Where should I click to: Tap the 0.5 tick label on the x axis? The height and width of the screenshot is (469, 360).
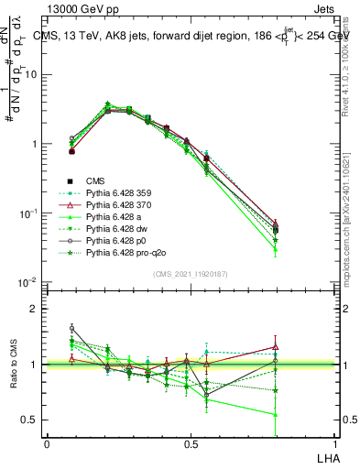pos(191,442)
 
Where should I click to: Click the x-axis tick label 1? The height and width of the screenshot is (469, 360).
pos(335,442)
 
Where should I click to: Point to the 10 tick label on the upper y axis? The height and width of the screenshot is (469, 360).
pos(31,74)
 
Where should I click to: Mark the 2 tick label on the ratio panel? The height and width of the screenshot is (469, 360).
pos(35,309)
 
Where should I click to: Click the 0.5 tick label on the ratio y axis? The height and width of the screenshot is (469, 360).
pos(30,420)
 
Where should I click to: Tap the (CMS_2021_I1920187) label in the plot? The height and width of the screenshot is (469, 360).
pos(191,274)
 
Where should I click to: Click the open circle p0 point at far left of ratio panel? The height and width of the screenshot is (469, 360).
pos(71,328)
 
